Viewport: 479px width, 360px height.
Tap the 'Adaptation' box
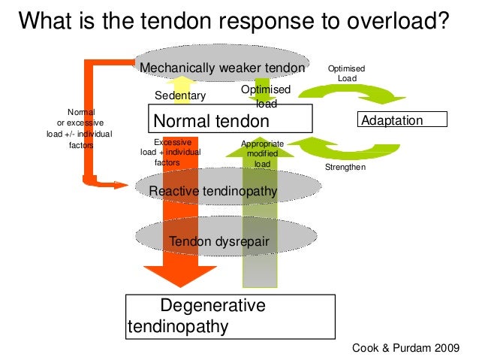403,120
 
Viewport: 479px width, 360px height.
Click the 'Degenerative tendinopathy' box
228,316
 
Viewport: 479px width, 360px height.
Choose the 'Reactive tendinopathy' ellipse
213,192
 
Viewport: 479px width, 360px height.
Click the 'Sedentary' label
179,95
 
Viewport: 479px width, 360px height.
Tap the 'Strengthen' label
345,167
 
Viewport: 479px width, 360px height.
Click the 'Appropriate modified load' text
262,154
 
